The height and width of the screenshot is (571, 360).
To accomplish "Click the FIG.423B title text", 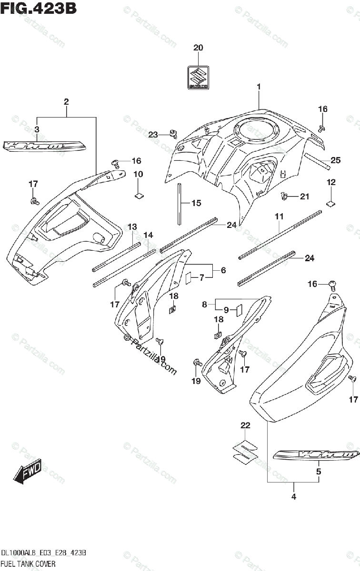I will [x=39, y=8].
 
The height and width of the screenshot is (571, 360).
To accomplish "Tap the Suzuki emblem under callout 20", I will [x=198, y=77].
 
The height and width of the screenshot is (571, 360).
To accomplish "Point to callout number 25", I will [x=336, y=160].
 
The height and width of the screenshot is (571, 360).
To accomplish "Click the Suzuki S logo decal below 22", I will [x=244, y=450].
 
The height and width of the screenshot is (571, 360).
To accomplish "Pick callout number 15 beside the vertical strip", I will [x=197, y=203].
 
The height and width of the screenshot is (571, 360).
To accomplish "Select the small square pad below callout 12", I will [x=330, y=203].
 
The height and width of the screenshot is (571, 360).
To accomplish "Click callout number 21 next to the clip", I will [x=304, y=196].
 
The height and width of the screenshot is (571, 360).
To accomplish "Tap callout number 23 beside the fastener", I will [x=152, y=135].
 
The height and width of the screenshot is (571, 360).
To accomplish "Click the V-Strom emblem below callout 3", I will [x=44, y=145].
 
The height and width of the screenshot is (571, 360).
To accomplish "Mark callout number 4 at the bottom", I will [x=294, y=497].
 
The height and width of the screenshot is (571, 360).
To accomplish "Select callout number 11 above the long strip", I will [x=279, y=217].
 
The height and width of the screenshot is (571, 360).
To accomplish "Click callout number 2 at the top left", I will [x=66, y=101].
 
